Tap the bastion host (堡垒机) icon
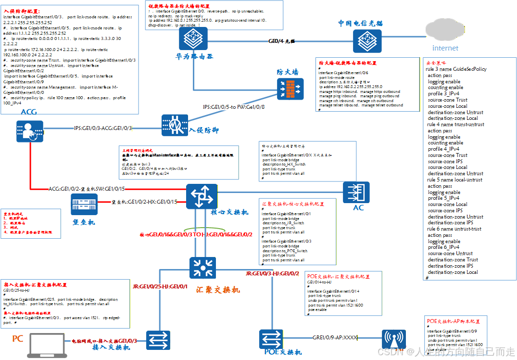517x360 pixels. pyautogui.click(x=84, y=206)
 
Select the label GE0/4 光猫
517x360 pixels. pyautogui.click(x=282, y=41)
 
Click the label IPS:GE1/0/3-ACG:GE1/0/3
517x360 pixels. pyautogui.click(x=103, y=129)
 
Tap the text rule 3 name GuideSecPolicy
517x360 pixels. pyautogui.click(x=456, y=69)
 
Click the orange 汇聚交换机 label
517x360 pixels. pyautogui.click(x=218, y=290)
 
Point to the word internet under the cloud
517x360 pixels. pyautogui.click(x=445, y=48)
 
